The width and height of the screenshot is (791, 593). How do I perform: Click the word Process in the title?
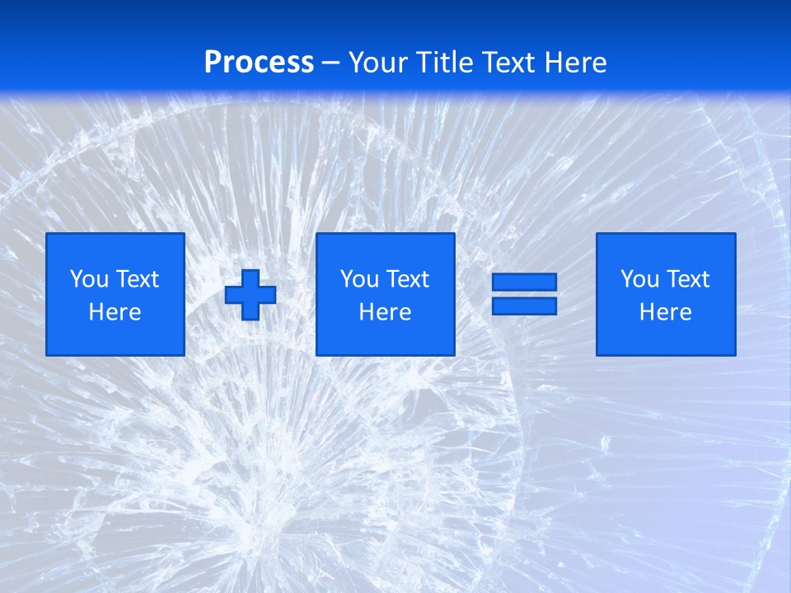pyautogui.click(x=259, y=63)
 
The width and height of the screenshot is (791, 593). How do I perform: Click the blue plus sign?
pyautogui.click(x=250, y=295)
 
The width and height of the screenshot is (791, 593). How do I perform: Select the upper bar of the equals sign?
pyautogui.click(x=524, y=282)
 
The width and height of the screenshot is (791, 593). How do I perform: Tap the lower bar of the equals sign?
pyautogui.click(x=524, y=306)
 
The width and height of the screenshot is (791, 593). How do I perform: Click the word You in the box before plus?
pyautogui.click(x=88, y=279)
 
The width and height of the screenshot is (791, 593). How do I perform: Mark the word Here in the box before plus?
pyautogui.click(x=115, y=312)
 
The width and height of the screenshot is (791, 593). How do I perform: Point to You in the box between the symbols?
pyautogui.click(x=358, y=279)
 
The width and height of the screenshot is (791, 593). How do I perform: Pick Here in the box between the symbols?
pyautogui.click(x=386, y=312)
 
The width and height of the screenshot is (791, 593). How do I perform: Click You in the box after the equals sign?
pyautogui.click(x=639, y=279)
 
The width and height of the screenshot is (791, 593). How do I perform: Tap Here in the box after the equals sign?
pyautogui.click(x=666, y=312)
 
